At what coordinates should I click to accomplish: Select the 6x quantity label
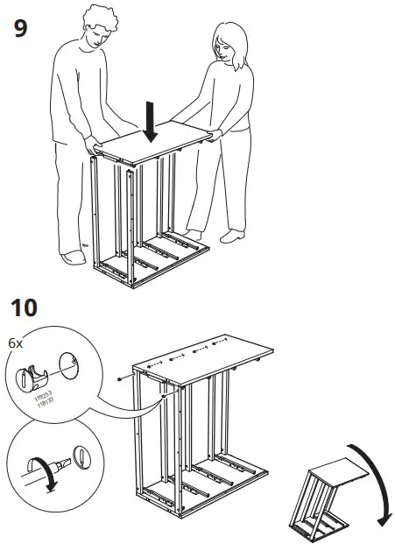click(15, 343)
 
